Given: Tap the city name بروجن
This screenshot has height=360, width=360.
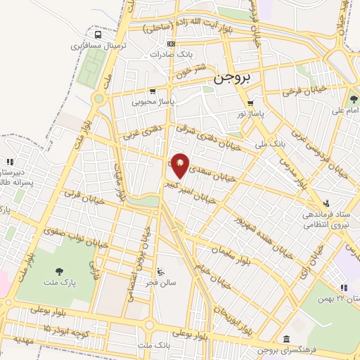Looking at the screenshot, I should point(236,79).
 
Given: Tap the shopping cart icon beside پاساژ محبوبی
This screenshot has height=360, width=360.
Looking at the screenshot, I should point(153,91).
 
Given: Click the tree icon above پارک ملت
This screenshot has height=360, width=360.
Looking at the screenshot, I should point(58,271).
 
